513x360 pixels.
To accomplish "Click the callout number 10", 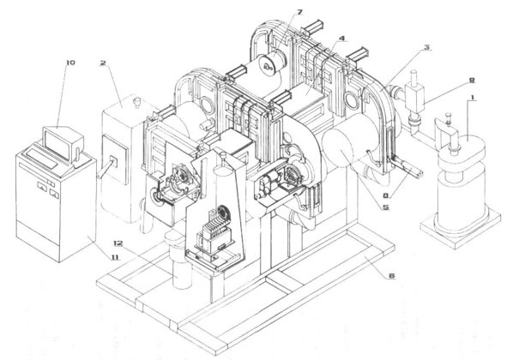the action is coord(70,62).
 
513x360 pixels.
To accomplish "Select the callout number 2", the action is coord(103,63).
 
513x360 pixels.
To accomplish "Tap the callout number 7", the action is coord(299,12).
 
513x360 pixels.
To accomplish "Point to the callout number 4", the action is coord(341,39).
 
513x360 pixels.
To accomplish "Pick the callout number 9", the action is coord(472,80).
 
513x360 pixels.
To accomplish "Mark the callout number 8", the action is coord(386,196).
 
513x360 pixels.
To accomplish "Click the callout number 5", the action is coord(386,207).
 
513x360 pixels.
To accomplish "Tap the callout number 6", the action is coord(392,276).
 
